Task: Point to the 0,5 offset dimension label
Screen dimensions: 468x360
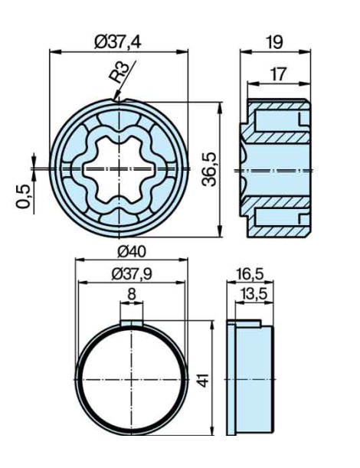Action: tap(23, 195)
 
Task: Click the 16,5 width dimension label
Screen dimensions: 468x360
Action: tap(250, 273)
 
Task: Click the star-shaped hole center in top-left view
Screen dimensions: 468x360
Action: tap(119, 168)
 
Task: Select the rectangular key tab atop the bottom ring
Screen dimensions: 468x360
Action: tap(132, 322)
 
